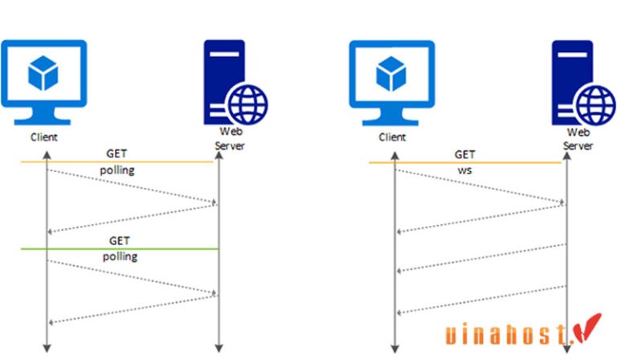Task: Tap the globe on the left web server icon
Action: (246, 104)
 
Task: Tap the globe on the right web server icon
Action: (595, 104)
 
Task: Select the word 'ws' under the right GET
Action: (465, 171)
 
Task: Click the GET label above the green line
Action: (118, 240)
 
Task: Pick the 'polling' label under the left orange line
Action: (118, 171)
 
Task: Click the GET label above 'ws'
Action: (465, 154)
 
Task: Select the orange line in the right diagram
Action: (465, 163)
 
